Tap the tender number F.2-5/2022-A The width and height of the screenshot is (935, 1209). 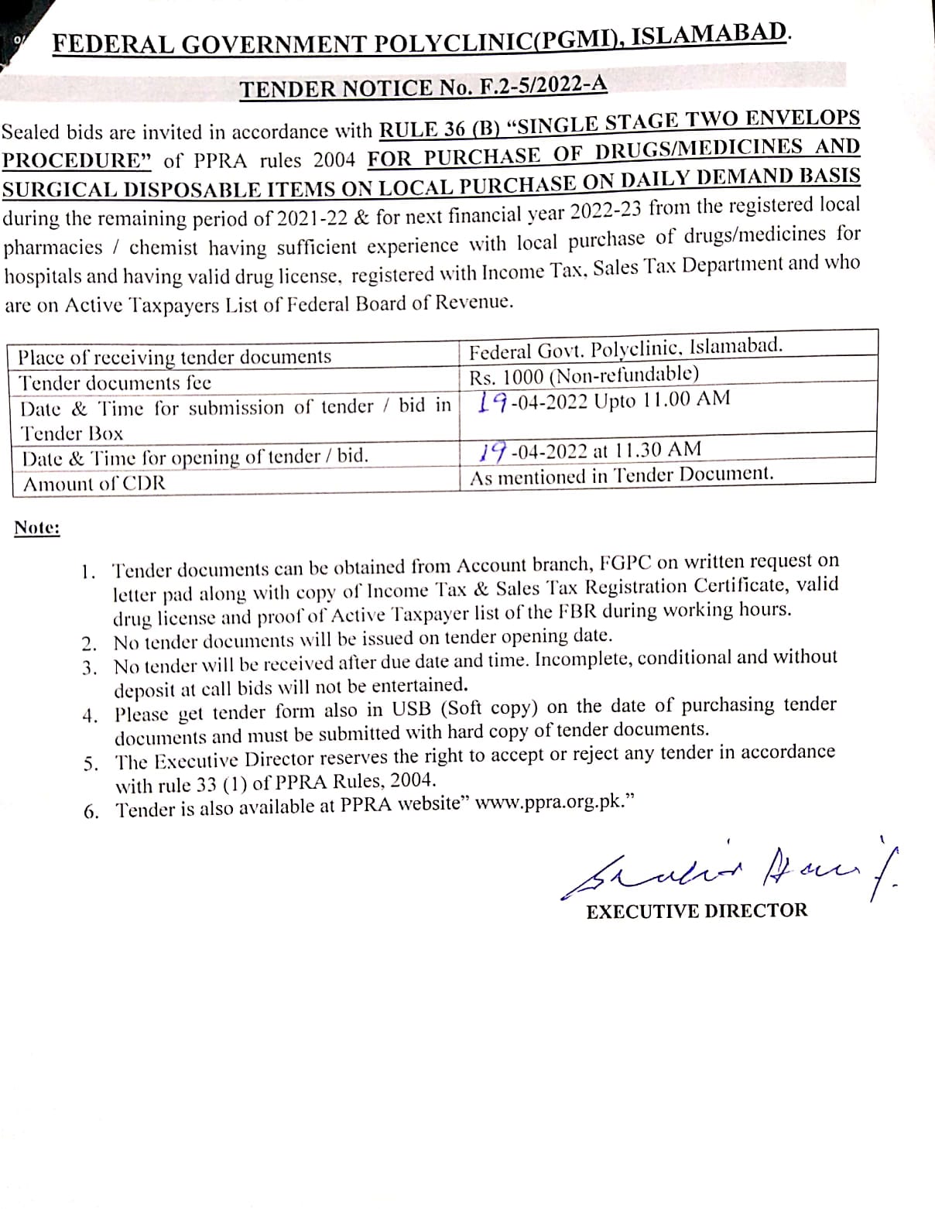pos(542,84)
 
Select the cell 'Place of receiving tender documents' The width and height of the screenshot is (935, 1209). pos(175,357)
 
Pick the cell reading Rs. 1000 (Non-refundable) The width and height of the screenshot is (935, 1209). pos(584,375)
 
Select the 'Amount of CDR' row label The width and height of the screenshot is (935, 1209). pos(94,484)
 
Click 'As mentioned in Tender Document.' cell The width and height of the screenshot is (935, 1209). pos(622,475)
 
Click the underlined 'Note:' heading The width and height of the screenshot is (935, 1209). pos(37,528)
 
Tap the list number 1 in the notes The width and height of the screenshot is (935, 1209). pos(89,572)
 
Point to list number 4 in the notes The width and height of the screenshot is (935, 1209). pos(91,715)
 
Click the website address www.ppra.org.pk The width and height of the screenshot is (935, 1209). pos(549,802)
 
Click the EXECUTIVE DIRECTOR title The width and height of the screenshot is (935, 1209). pos(697,910)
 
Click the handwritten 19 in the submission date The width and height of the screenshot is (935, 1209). pos(492,402)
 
